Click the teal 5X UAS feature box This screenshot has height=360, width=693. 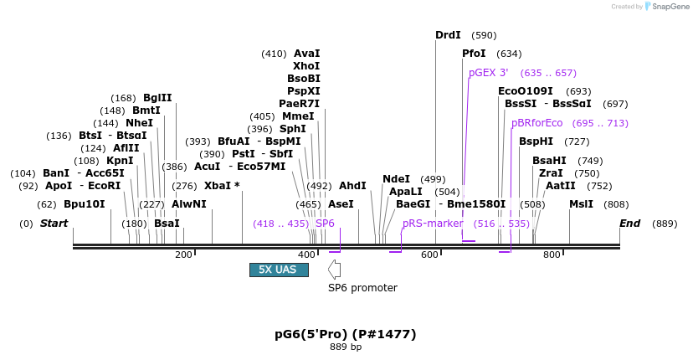tap(279, 270)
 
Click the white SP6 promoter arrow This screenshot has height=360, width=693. tap(334, 269)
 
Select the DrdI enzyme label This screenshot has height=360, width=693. tap(448, 35)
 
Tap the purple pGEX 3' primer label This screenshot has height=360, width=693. tap(487, 73)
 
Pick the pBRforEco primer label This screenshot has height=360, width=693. tap(536, 123)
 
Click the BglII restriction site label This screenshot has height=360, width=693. tap(157, 98)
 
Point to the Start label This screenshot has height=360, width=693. tap(54, 224)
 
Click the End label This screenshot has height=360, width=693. tap(629, 224)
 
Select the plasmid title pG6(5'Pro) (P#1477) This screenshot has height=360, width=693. tap(346, 334)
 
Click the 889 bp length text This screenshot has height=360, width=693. tap(346, 347)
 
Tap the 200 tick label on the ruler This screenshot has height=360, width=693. tap(184, 255)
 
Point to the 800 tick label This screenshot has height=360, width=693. tap(551, 255)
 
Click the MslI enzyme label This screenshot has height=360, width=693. tap(581, 204)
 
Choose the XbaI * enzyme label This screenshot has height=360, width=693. tap(222, 186)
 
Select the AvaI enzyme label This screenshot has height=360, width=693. tap(306, 54)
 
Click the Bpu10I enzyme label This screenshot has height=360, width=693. tap(85, 204)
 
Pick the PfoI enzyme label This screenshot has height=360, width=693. tap(474, 54)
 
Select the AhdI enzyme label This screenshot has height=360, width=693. tap(352, 186)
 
